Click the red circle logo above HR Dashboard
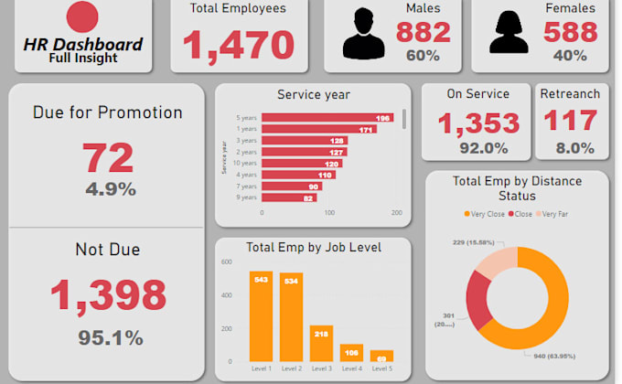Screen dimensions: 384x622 coord(83,16)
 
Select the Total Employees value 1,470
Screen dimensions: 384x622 coord(239,44)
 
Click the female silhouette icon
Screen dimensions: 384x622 coord(513,36)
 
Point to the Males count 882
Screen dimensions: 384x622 coord(424,32)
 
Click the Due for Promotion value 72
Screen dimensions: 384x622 coord(109,157)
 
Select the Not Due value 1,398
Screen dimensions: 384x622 coord(108,294)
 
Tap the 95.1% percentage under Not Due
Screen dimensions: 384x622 coord(110,337)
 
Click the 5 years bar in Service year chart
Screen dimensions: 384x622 coord(316,118)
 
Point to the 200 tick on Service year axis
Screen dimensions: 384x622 coord(396,212)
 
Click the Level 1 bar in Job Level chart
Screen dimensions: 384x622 coord(262,316)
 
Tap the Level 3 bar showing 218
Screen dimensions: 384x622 coord(321,343)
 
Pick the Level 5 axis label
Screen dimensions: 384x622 coord(381,368)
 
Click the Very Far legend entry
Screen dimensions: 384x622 coord(554,213)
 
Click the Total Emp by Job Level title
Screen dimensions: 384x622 coord(314,247)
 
